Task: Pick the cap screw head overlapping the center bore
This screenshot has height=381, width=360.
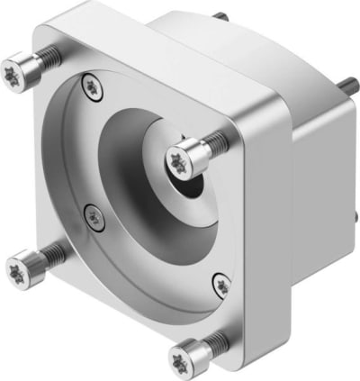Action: (182, 160)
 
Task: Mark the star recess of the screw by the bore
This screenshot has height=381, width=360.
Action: (177, 161)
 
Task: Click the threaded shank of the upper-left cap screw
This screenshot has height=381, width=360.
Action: (49, 58)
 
